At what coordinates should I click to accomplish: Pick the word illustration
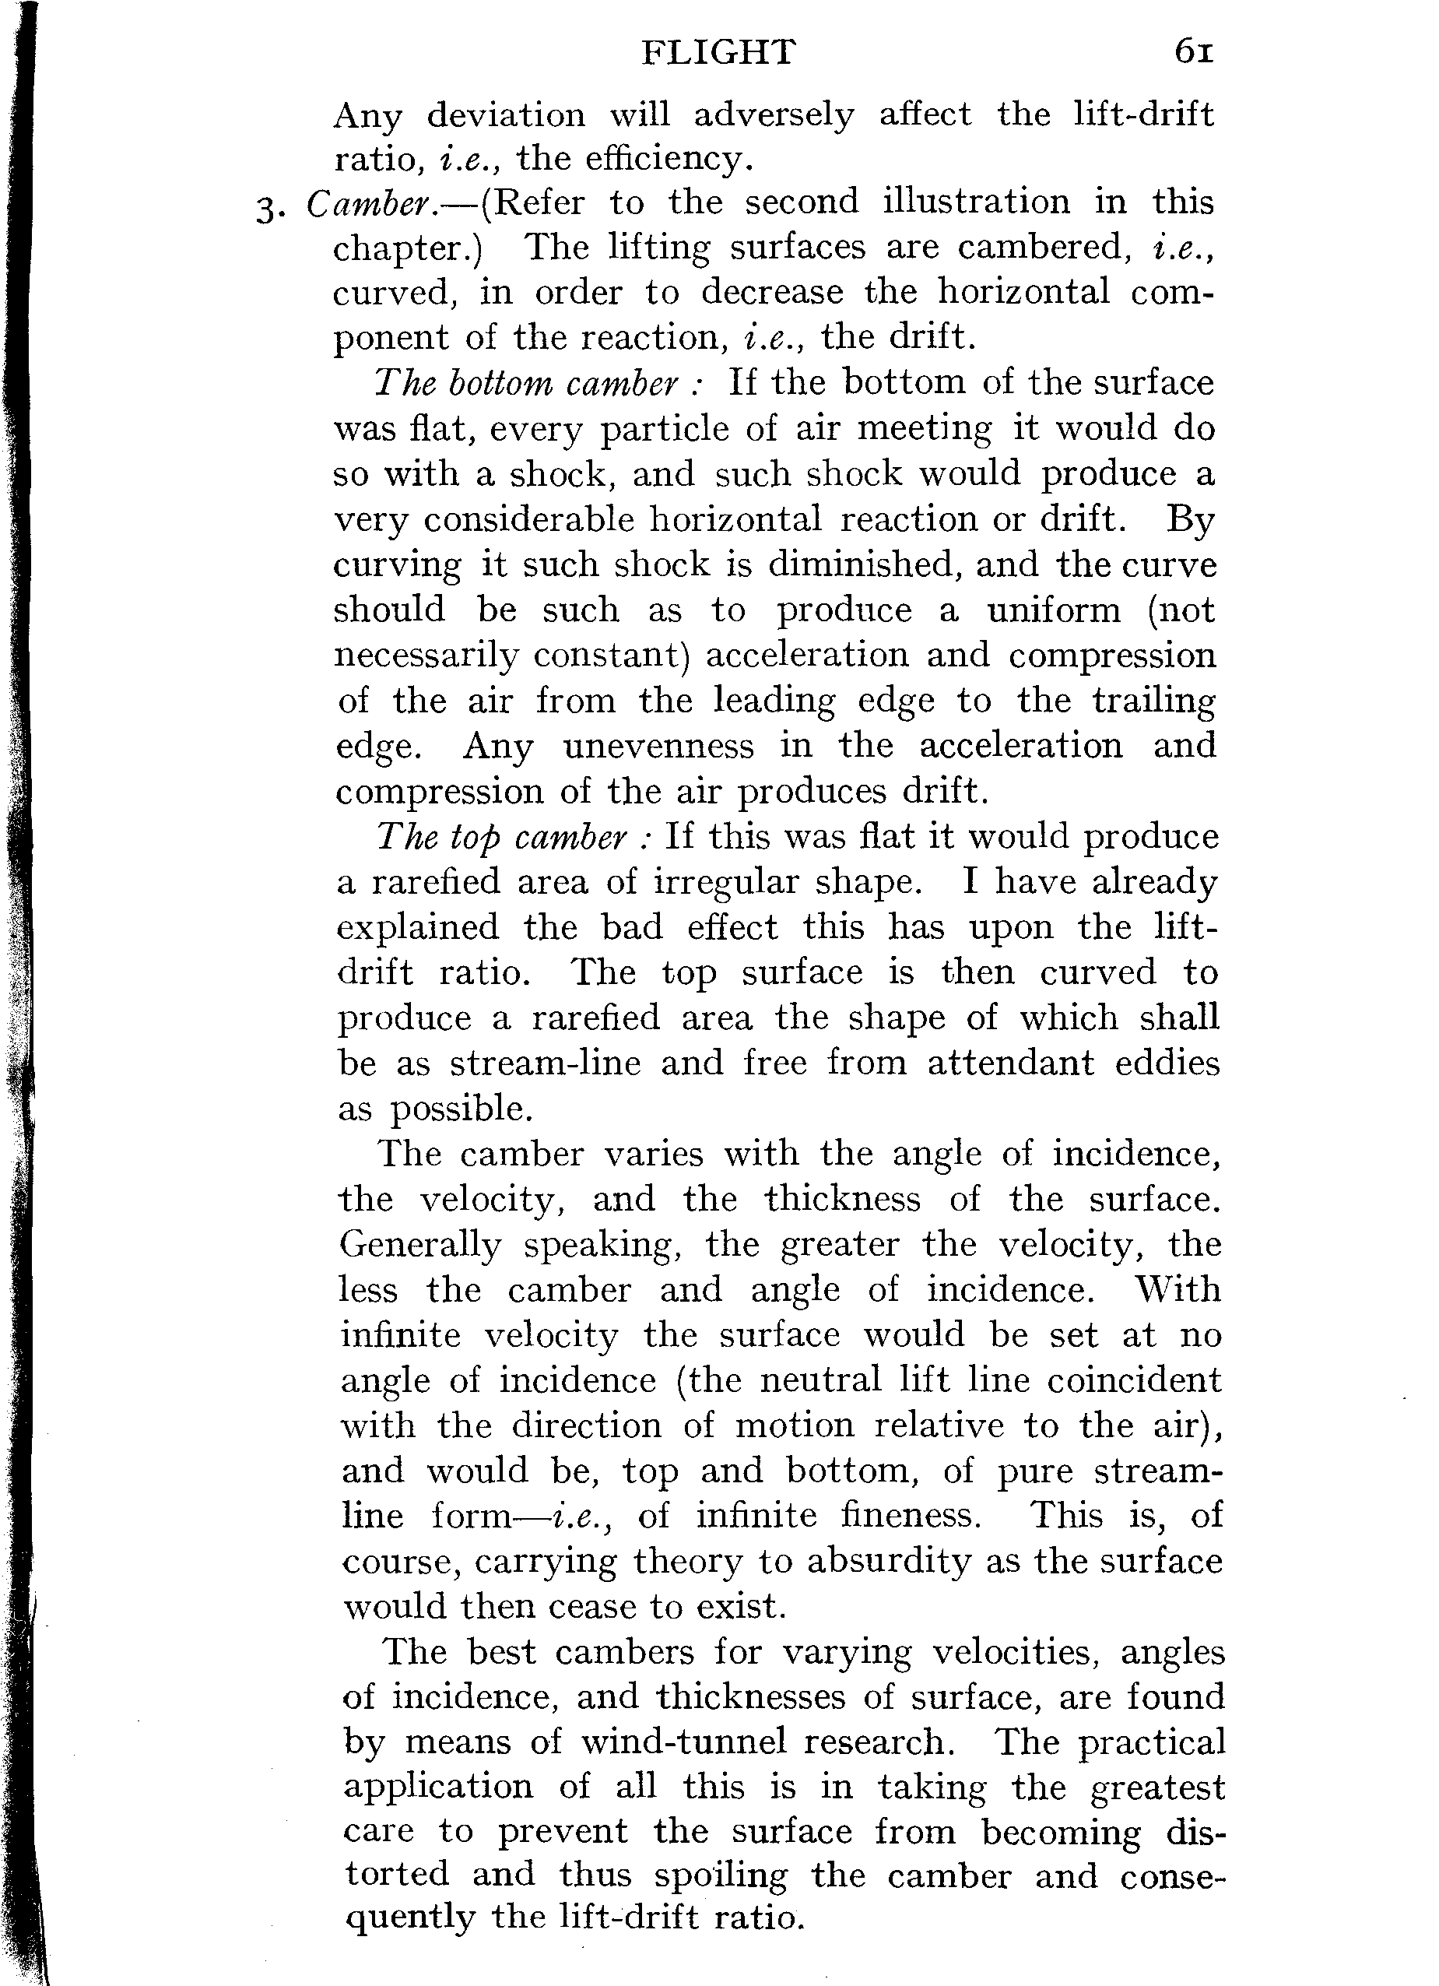point(976,202)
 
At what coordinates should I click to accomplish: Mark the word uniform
point(1054,610)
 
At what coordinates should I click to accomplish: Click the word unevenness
point(658,746)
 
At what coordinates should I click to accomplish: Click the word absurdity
point(886,1561)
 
